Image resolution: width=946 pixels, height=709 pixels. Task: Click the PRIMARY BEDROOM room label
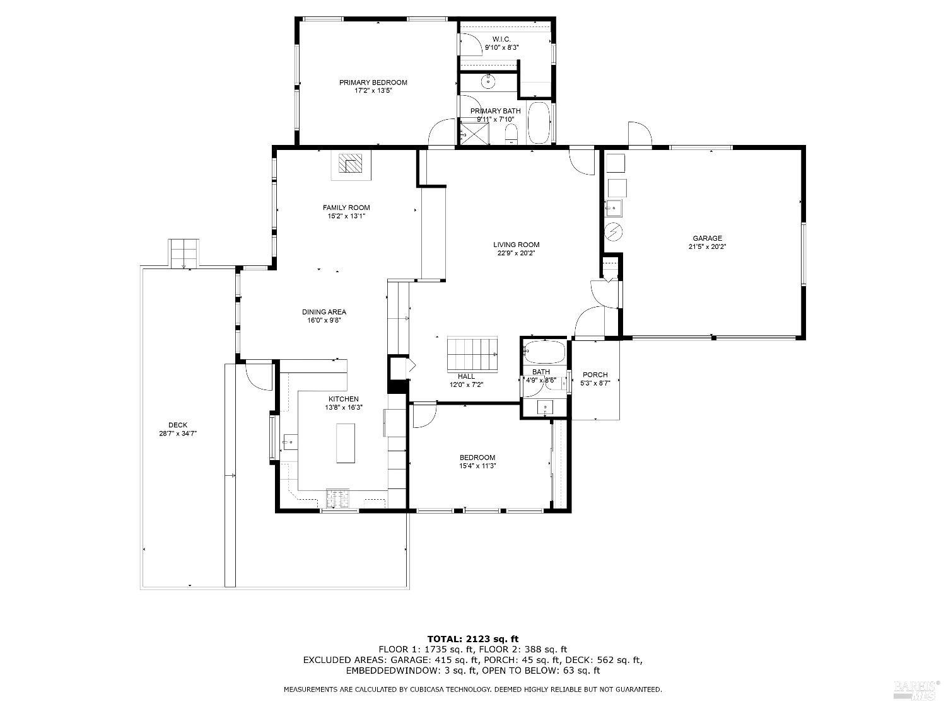373,82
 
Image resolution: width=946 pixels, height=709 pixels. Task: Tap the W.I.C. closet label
501,39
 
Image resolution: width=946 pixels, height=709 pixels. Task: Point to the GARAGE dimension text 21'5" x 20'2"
707,246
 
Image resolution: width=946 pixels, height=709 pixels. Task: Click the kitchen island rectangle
345,443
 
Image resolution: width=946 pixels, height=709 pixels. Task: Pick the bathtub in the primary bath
539,123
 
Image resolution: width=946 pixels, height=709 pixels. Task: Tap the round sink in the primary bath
488,81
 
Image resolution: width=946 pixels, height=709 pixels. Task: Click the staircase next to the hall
472,354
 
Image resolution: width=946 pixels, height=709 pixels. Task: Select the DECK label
178,425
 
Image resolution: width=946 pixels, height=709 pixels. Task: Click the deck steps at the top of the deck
184,253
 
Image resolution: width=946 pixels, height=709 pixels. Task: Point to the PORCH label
595,374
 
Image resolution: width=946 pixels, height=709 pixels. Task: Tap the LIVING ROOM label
516,245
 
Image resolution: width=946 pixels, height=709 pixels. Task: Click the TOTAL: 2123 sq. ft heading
473,638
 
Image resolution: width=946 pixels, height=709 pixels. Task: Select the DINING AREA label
324,312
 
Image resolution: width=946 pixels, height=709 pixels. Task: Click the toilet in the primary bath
511,134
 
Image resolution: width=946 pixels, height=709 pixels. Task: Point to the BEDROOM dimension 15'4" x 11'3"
477,465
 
